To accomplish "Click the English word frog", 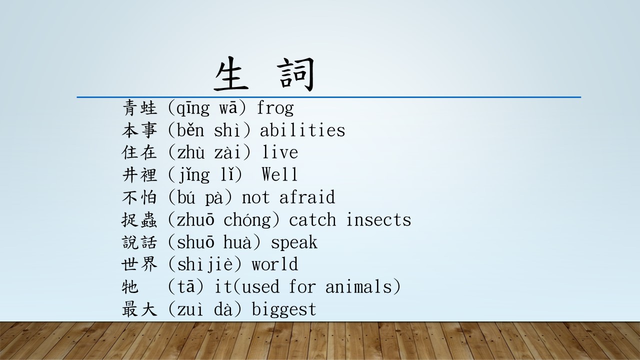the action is (x=275, y=108).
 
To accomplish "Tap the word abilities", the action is (x=302, y=130).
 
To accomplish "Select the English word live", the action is (x=280, y=152).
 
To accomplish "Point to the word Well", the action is (x=279, y=174).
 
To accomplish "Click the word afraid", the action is (x=307, y=197).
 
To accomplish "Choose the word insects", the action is (x=378, y=219).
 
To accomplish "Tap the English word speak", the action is (x=294, y=242).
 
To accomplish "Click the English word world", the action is (x=275, y=264).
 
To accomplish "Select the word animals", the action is (x=359, y=286).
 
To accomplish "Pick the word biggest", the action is (x=283, y=309).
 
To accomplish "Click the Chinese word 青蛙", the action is (x=139, y=108).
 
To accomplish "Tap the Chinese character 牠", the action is (x=130, y=286).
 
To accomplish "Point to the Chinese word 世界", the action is (x=139, y=264).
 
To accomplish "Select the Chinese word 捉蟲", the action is (x=139, y=219).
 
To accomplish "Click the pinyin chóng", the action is (x=247, y=220).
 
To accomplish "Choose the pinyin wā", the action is (x=228, y=108).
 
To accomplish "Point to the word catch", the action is (x=312, y=219).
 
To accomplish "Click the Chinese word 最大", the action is (x=139, y=309).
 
